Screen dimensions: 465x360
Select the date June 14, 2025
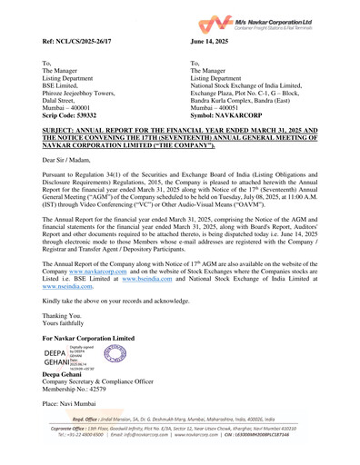213,42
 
